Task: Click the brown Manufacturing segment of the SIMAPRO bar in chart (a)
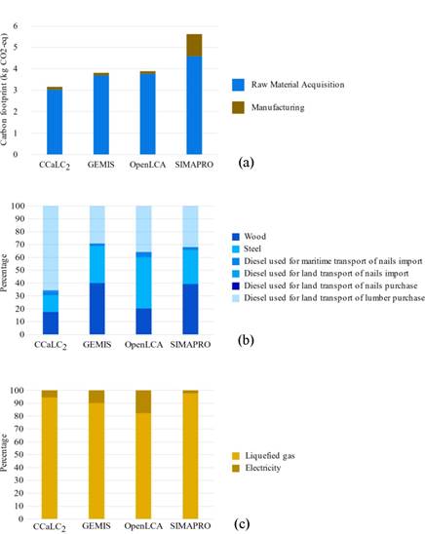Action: coord(182,45)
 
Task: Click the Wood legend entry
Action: coord(254,235)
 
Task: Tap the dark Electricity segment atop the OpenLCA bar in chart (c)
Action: coord(143,400)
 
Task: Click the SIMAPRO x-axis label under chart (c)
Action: coord(183,525)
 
